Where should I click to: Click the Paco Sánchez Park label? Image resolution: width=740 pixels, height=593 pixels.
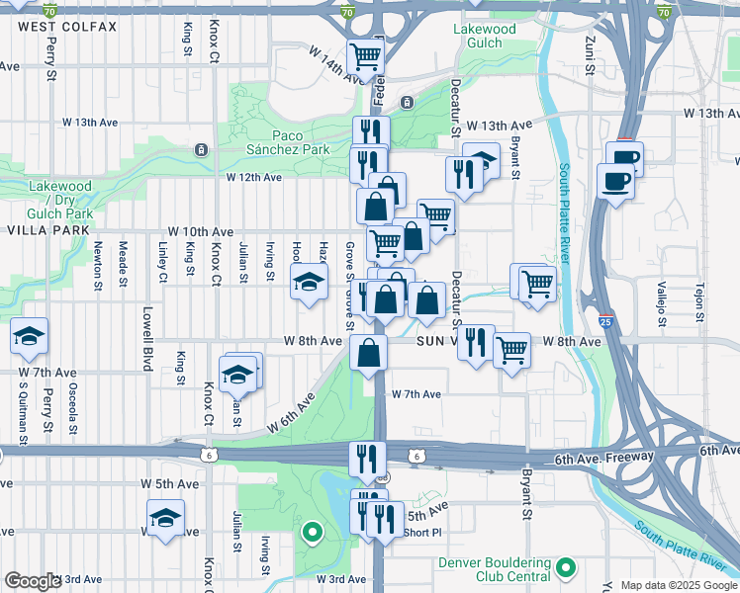302,142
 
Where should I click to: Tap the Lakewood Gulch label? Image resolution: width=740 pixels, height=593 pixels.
484,37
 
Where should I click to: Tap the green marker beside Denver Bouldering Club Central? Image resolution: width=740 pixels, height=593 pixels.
566,568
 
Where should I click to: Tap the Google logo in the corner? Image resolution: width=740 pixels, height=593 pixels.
33,581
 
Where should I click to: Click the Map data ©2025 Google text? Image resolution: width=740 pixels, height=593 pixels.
679,585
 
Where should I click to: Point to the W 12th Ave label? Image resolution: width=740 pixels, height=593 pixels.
253,178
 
